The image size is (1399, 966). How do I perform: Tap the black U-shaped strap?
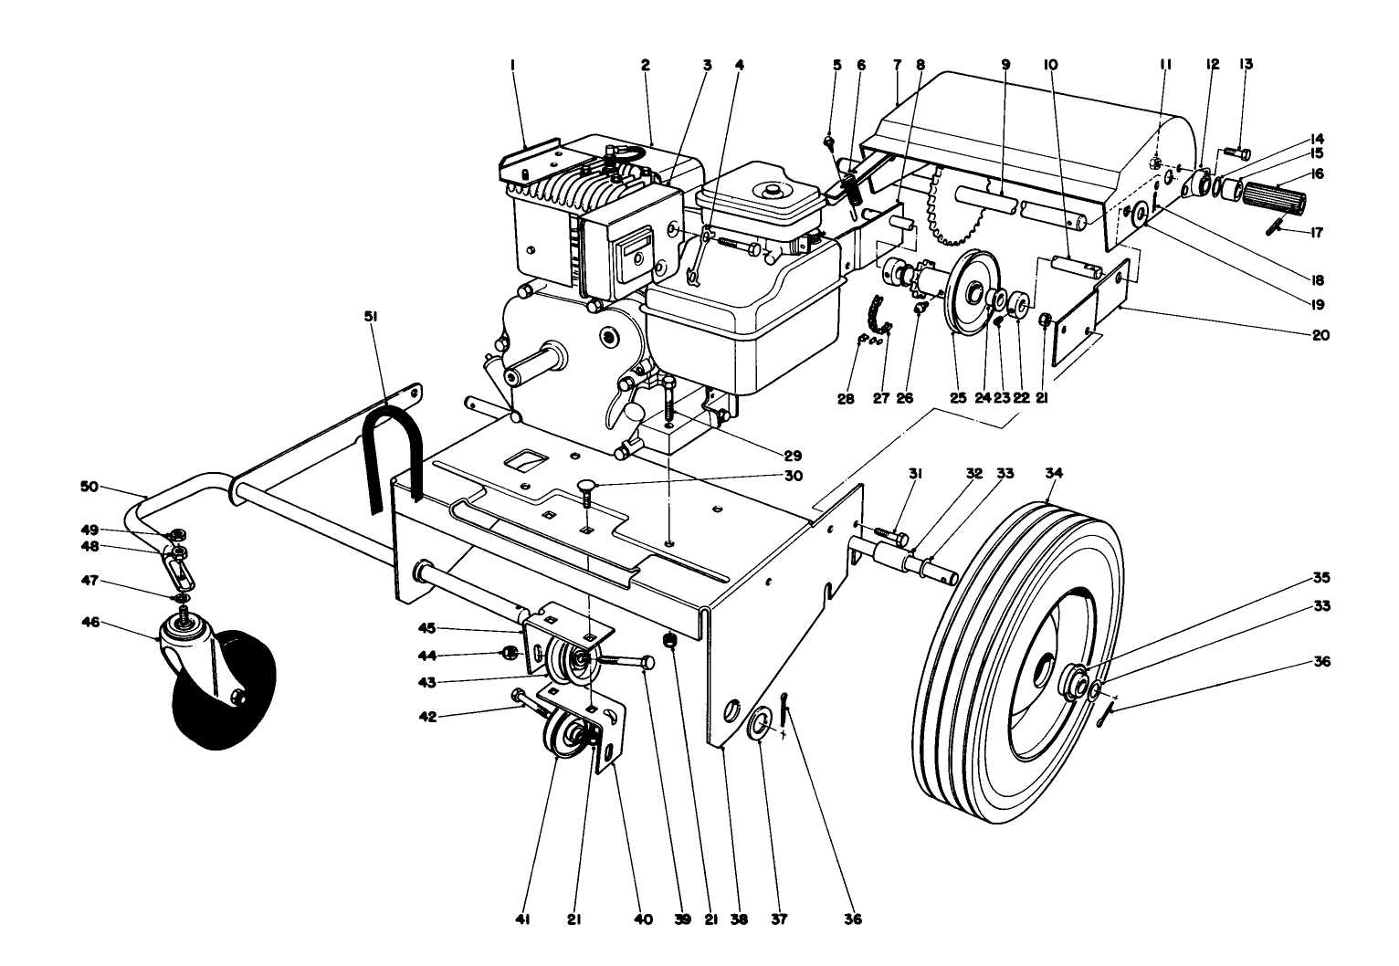coord(391,447)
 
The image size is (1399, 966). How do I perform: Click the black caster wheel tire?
coord(219,698)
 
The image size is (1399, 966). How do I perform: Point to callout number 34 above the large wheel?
coord(1054,473)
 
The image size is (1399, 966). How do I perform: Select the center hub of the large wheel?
coord(1041,680)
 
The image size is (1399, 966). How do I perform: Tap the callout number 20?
coord(1320,335)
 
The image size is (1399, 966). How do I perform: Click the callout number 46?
coord(89,624)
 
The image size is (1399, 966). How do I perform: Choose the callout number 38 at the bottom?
coord(739,919)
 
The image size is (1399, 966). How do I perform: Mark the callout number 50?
coord(89,488)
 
